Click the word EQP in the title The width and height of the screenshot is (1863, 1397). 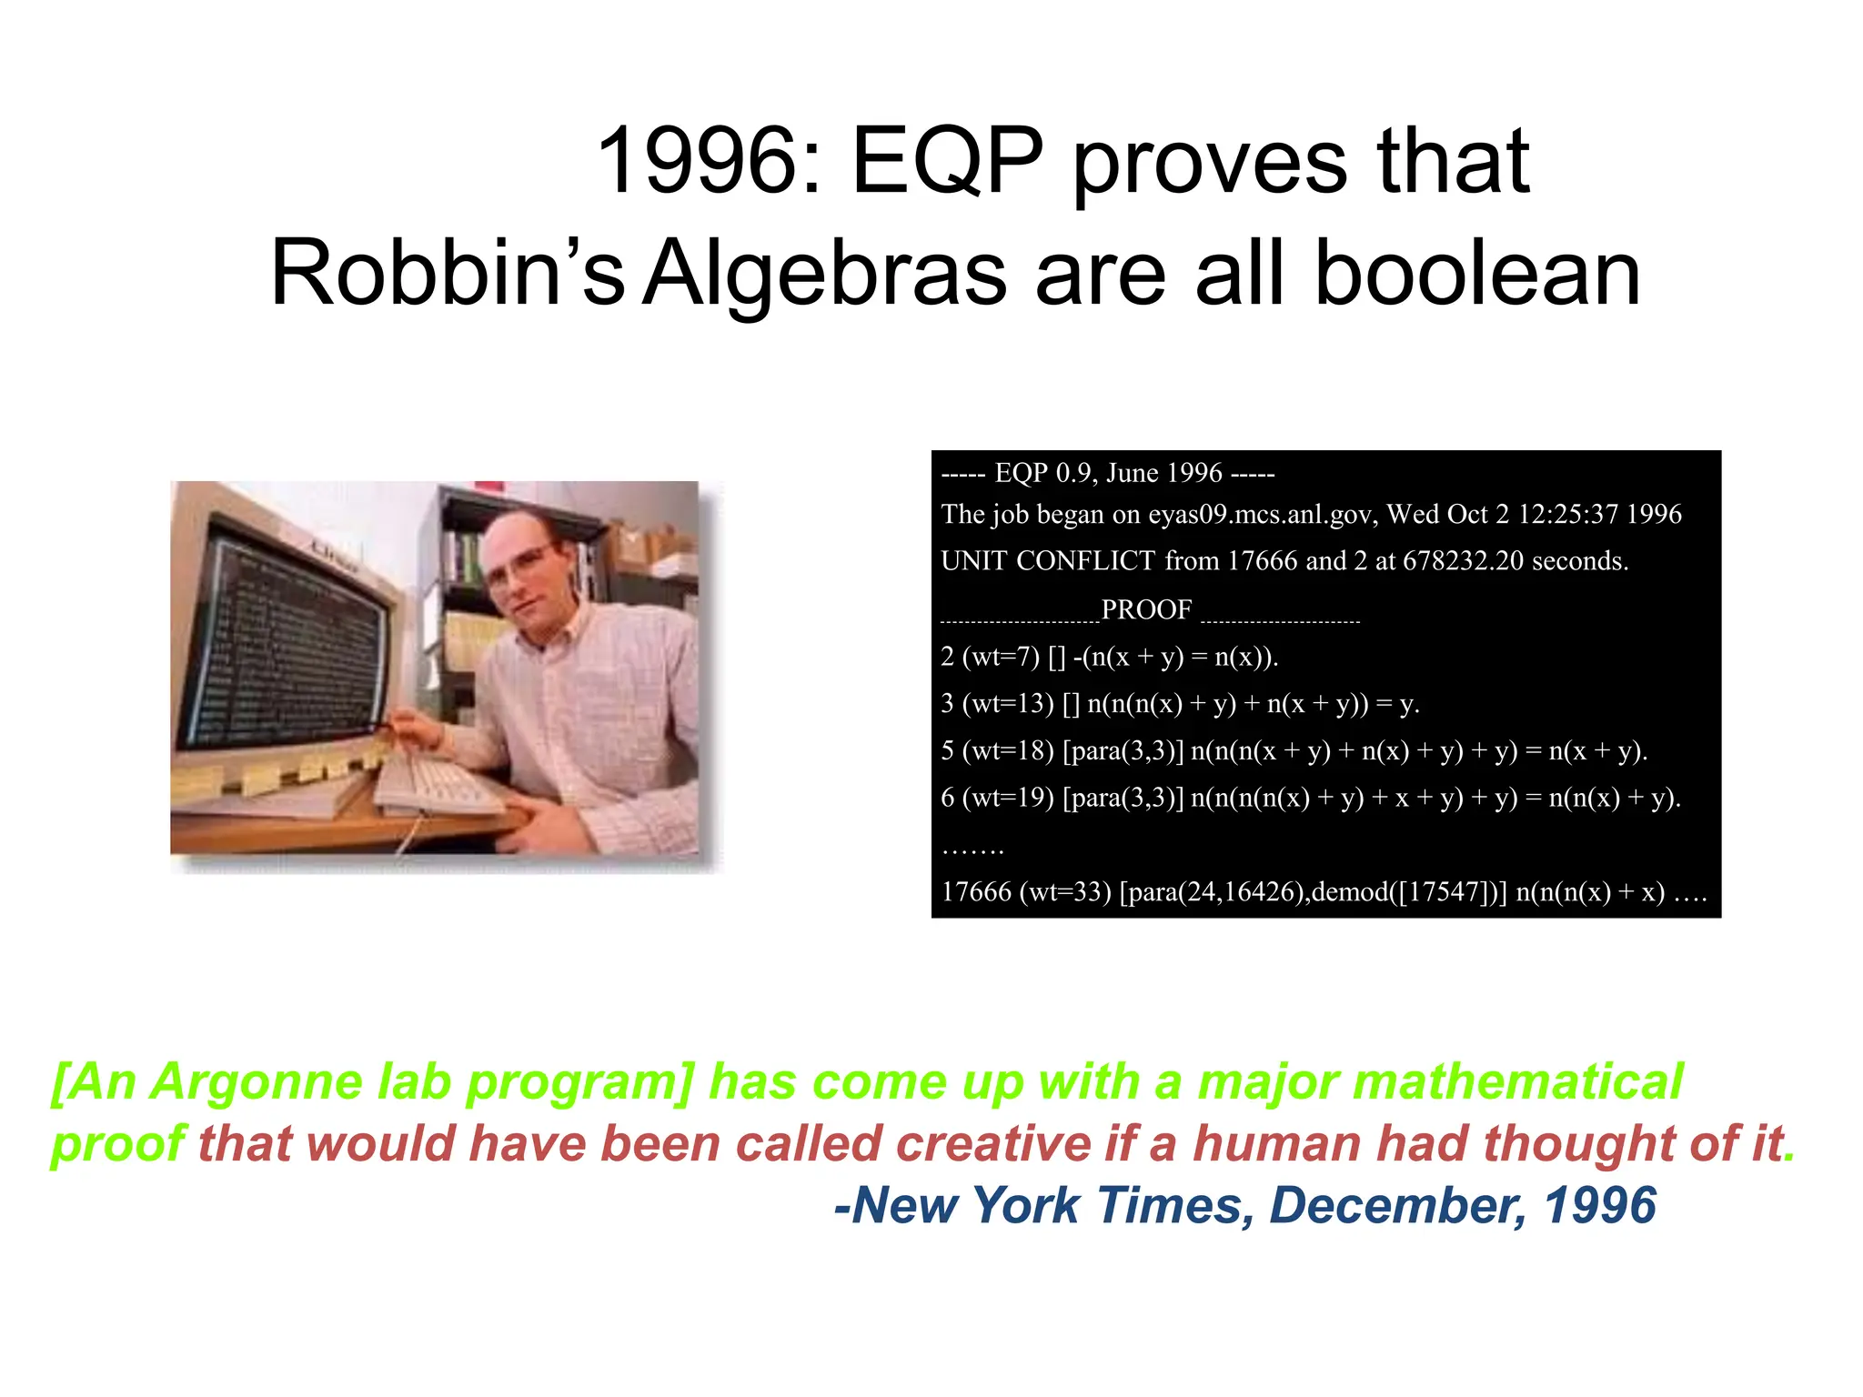tap(947, 162)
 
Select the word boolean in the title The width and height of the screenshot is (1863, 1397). tap(1477, 274)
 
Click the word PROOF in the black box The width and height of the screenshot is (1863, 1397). tap(1146, 609)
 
